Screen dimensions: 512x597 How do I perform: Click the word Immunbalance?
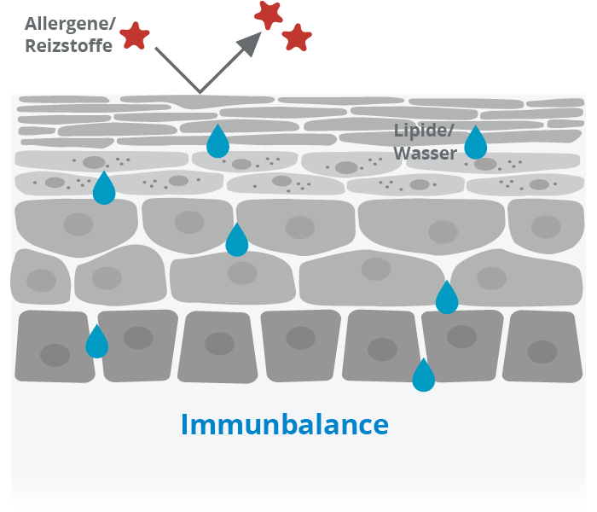284,424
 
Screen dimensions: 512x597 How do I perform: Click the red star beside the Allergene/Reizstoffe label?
134,35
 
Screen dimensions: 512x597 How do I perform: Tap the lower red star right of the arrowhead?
296,37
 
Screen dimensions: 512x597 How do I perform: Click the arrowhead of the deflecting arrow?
252,44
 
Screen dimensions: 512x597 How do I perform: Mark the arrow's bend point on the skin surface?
200,90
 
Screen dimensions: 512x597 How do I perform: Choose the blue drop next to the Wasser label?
475,143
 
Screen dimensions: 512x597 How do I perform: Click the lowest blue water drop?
423,375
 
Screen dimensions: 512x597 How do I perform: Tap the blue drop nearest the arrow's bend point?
218,141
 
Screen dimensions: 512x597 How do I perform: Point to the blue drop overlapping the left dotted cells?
104,189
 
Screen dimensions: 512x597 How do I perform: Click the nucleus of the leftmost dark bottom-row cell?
55,354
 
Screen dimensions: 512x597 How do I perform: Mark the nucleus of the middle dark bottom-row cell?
300,338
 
